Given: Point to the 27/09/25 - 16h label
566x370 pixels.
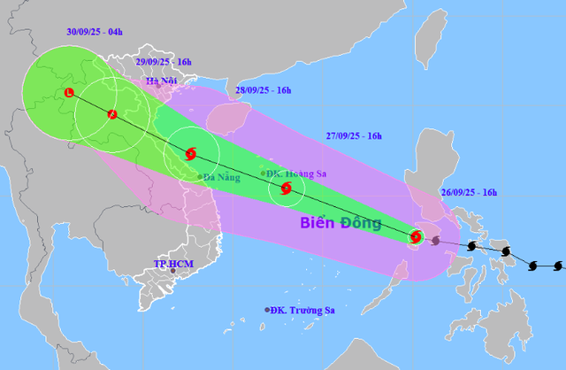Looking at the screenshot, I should [x=353, y=135].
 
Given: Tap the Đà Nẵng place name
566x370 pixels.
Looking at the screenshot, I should [x=221, y=177].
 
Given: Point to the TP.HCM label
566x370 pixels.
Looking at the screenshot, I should [x=173, y=264].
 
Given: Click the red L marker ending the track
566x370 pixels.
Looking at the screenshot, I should [x=68, y=93].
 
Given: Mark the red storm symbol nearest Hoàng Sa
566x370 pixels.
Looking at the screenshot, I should [x=286, y=188].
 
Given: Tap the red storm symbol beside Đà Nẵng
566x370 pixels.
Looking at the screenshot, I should [x=190, y=154].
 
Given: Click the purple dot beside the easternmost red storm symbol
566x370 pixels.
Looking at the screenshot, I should [x=435, y=239].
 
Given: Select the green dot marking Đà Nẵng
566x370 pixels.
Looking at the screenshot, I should [x=200, y=175].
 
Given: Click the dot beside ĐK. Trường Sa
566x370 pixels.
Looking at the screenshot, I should [x=266, y=310].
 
